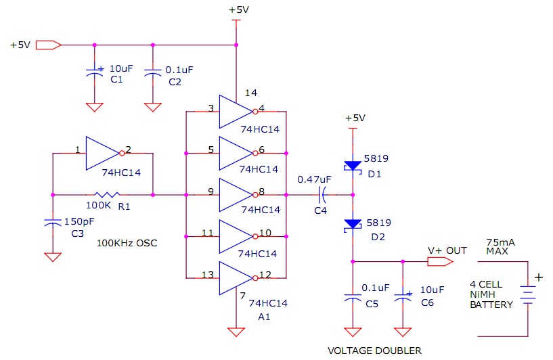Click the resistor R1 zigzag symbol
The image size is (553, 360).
107,195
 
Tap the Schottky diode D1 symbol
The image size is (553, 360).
353,166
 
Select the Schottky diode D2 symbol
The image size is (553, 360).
353,225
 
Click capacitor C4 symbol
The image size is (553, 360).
323,195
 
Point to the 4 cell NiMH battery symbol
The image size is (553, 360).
527,295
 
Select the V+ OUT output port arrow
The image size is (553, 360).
440,262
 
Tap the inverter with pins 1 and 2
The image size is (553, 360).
104,154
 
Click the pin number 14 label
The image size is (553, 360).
250,93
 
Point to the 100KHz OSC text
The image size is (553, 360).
127,243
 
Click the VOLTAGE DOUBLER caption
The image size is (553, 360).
374,351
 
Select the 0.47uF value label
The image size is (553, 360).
314,179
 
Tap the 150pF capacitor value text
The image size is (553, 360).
79,222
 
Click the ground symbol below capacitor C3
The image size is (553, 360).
53,257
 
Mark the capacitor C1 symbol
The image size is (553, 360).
95,72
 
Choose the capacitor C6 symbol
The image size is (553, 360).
403,297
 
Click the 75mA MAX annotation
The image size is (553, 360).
500,247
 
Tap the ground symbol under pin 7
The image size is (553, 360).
236,332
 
